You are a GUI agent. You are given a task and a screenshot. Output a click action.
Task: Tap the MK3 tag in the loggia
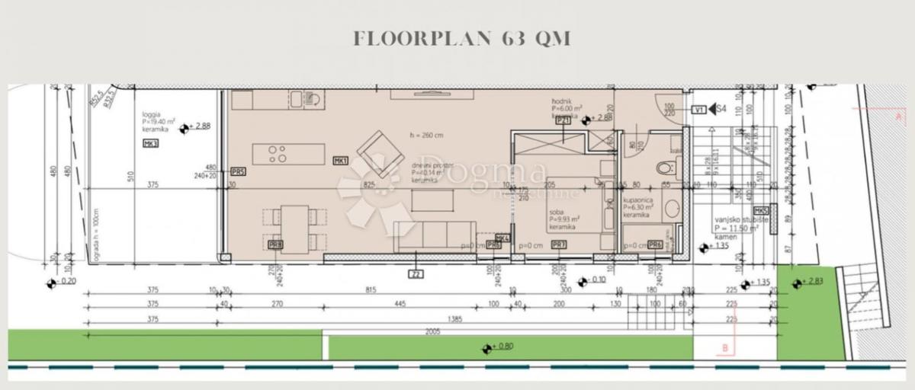[x=149, y=144]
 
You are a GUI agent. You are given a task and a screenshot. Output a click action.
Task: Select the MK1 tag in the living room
[x=340, y=161]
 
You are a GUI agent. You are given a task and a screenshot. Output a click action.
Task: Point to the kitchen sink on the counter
[x=296, y=100]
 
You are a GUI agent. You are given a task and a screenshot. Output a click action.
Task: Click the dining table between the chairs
[x=294, y=228]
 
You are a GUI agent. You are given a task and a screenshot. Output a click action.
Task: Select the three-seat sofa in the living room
[x=435, y=237]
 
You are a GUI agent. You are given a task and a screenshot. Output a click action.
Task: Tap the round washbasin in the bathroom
[x=672, y=206]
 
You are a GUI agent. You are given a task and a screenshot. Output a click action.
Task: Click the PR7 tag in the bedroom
[x=559, y=245]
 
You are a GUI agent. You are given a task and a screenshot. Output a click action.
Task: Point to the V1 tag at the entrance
[x=698, y=110]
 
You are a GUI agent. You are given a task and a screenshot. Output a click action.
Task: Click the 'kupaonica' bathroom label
[x=637, y=200]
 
